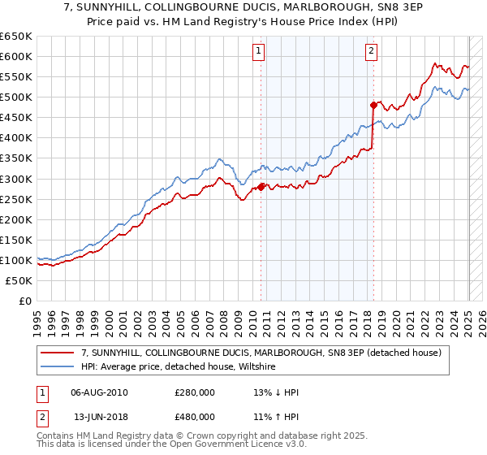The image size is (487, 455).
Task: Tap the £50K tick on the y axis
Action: click(19, 280)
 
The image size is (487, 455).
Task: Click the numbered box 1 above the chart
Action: click(258, 51)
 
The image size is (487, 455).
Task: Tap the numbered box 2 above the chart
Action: click(371, 51)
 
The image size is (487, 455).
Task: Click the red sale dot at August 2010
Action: click(261, 187)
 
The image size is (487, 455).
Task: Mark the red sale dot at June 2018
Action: click(373, 105)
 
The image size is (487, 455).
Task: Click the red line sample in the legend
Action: click(57, 353)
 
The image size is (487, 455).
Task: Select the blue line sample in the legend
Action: click(57, 367)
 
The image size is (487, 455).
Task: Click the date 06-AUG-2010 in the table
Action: click(100, 392)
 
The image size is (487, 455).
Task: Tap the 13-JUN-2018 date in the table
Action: click(100, 415)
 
